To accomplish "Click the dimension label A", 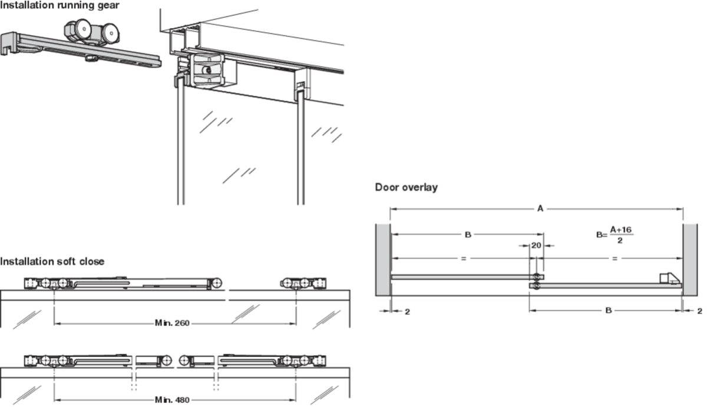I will [x=540, y=208].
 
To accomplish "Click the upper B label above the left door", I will [x=467, y=235].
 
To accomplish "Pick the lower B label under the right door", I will [x=608, y=311].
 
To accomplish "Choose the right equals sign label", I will [x=615, y=258].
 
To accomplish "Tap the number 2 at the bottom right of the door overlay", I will [x=699, y=311].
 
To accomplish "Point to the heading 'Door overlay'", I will [x=407, y=188].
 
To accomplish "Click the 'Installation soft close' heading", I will [x=52, y=262].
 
